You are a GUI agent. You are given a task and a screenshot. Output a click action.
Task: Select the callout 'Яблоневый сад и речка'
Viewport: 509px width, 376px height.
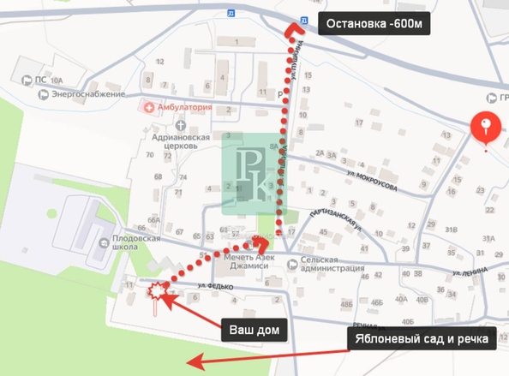[419, 340]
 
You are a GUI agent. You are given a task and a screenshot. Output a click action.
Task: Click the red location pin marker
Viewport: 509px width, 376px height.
[488, 129]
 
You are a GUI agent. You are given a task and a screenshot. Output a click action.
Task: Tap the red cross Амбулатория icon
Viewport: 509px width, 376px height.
[149, 108]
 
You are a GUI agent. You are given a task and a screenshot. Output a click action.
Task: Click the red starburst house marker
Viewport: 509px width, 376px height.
[156, 293]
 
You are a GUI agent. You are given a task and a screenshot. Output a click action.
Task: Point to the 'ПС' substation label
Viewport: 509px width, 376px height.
[40, 81]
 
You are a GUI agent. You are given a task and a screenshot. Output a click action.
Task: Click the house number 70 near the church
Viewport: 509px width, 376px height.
[150, 155]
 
